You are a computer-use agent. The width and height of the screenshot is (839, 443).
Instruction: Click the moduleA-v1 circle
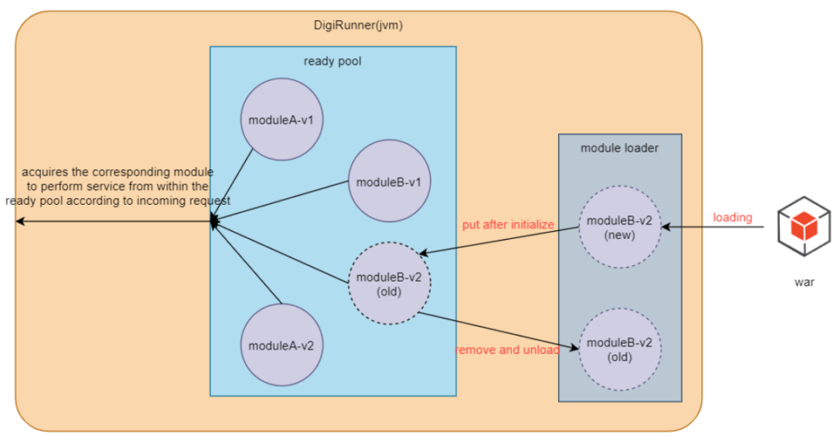pos(281,120)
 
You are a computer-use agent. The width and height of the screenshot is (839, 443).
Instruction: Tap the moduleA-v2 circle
pos(281,345)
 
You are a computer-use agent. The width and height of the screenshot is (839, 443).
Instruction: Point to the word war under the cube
pos(804,282)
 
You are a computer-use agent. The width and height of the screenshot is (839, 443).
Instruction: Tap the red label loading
pos(732,218)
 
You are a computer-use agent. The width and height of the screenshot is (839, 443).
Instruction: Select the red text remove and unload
pos(507,350)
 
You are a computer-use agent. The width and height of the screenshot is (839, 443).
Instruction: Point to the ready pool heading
pos(332,61)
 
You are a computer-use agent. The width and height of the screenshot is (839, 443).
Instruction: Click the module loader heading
pos(619,148)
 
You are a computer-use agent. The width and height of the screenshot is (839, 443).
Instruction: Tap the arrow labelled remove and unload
pos(500,330)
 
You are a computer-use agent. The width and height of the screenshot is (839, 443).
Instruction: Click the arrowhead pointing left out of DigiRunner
pos(20,222)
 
